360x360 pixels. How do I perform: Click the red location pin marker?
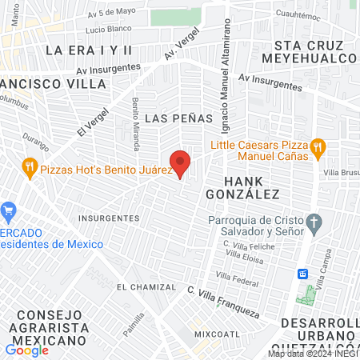(180, 162)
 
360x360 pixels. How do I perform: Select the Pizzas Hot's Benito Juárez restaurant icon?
(30, 167)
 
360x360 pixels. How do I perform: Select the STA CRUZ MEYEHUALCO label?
(314, 52)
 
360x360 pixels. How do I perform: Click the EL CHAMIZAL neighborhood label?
(146, 286)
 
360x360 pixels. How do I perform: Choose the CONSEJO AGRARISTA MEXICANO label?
(54, 327)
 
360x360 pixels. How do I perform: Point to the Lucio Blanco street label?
(106, 29)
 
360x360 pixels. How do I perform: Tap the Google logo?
(26, 350)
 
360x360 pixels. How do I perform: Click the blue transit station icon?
(303, 274)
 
